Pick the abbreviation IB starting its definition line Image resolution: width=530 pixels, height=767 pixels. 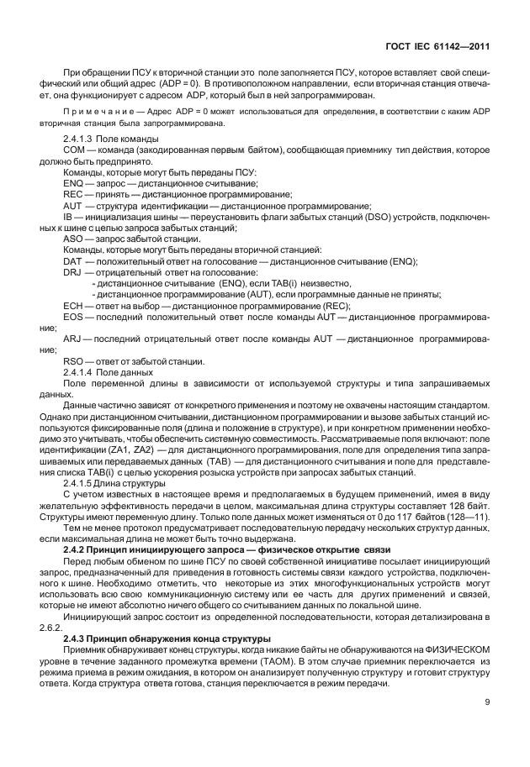(x=69, y=216)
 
